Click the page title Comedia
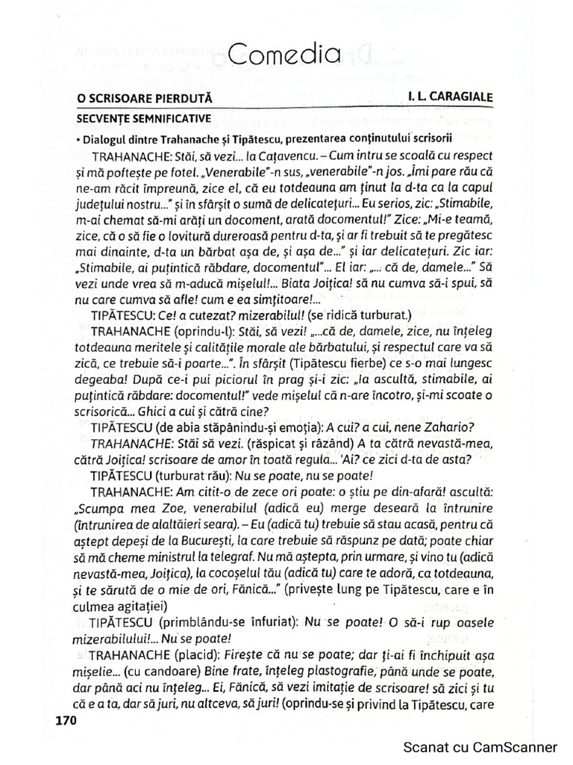[284, 54]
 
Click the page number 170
[67, 722]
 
